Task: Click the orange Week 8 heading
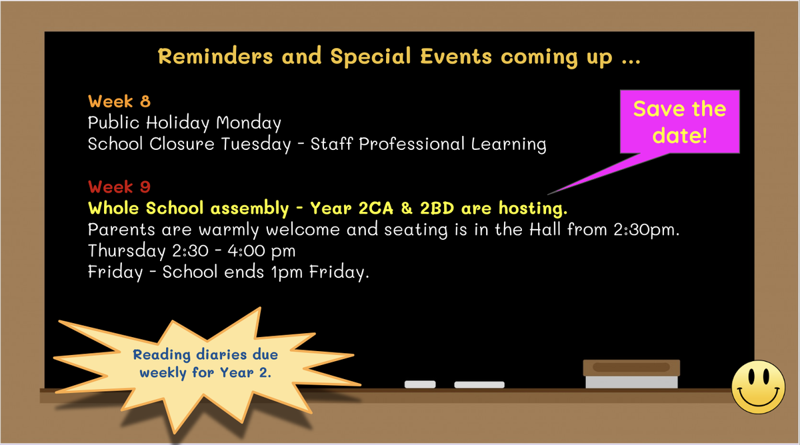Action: [119, 101]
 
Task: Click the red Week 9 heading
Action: [119, 187]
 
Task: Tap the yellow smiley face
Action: [758, 387]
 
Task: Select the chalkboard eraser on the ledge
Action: [631, 374]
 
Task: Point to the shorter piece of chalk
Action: [420, 384]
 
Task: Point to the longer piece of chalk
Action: [479, 384]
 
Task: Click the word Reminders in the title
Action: [215, 57]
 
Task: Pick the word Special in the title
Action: [371, 57]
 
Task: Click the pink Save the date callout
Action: [679, 122]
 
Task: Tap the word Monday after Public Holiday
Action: [249, 123]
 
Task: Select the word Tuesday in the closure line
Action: [256, 145]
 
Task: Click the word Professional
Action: [411, 144]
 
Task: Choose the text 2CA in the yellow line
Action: [376, 208]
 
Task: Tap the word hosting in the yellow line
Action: [533, 209]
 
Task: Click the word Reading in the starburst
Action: [162, 355]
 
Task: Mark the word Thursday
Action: [127, 251]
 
